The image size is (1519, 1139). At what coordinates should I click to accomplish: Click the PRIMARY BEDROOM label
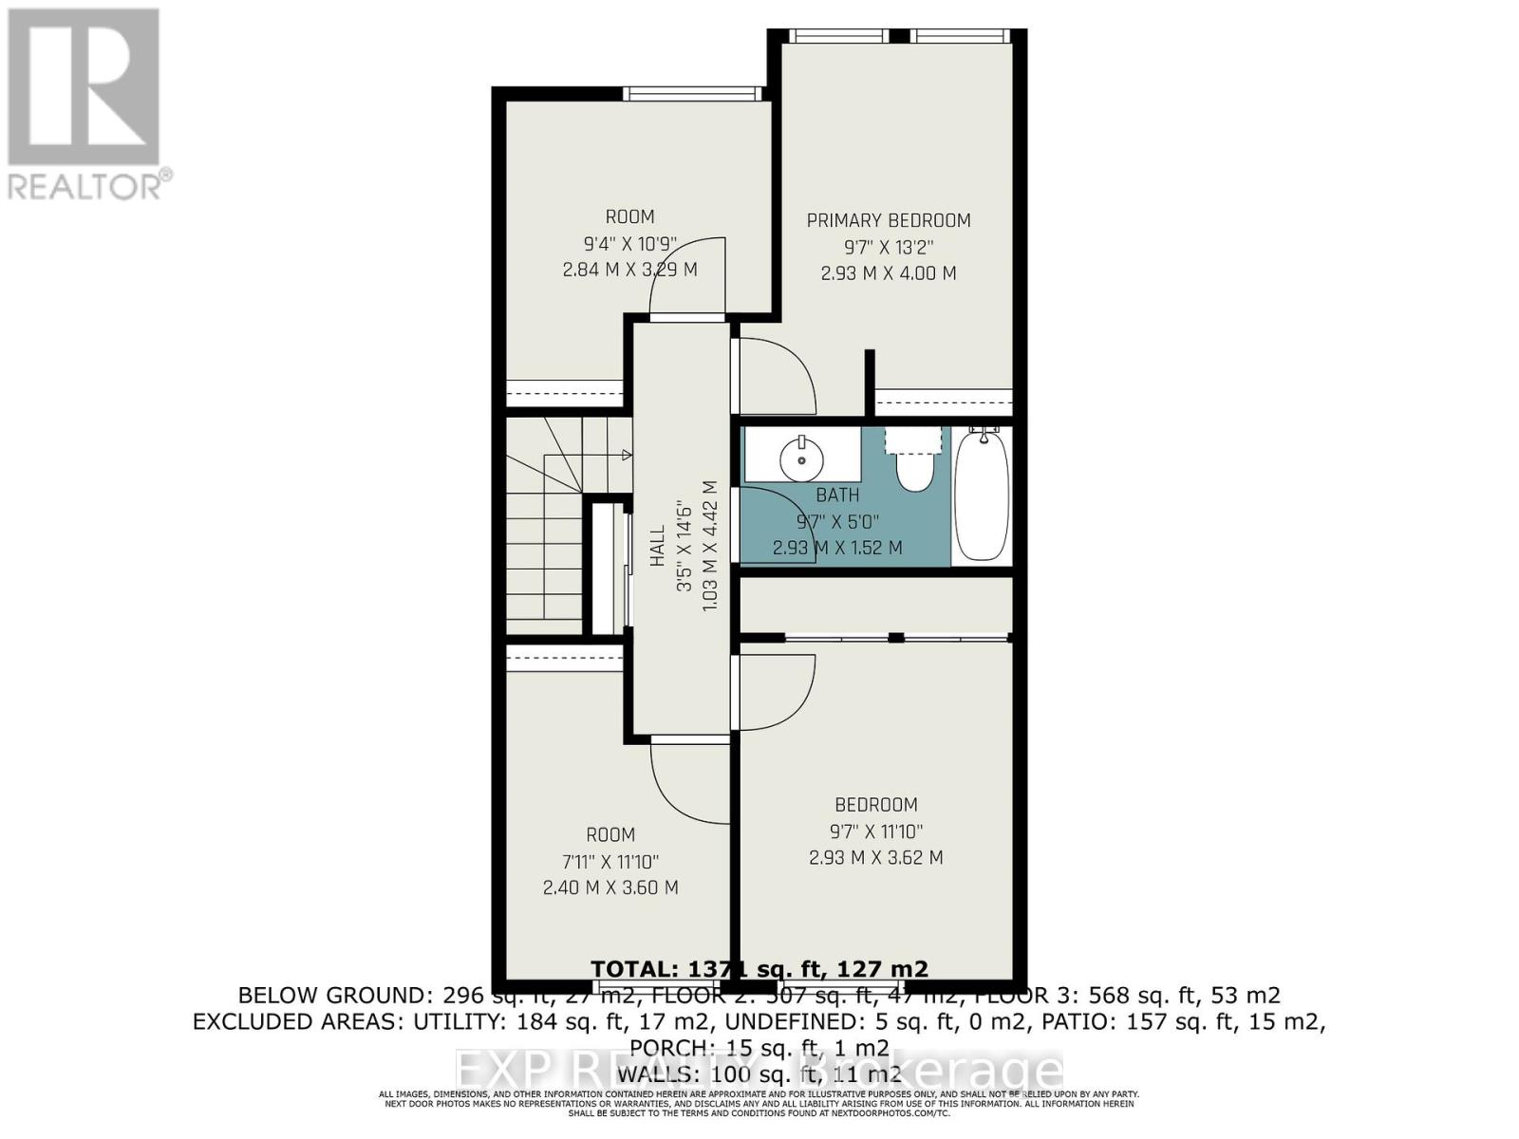pos(888,220)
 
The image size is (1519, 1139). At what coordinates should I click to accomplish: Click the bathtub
pos(982,495)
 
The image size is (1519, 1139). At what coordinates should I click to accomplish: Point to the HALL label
pos(657,547)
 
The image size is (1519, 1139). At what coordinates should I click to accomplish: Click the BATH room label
pos(837,495)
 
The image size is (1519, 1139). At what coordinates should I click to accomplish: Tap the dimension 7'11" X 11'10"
pos(609,862)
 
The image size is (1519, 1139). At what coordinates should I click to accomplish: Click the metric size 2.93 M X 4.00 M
pos(888,273)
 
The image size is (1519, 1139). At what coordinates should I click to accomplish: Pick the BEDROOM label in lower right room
pos(875,805)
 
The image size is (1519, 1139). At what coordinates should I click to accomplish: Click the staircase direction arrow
pos(625,456)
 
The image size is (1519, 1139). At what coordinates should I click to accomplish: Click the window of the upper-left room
pos(692,93)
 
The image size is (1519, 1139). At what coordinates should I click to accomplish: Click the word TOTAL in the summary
pos(629,969)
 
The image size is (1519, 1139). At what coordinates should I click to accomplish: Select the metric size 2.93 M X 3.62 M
pos(875,858)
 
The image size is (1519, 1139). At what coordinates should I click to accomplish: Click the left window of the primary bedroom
pos(838,36)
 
